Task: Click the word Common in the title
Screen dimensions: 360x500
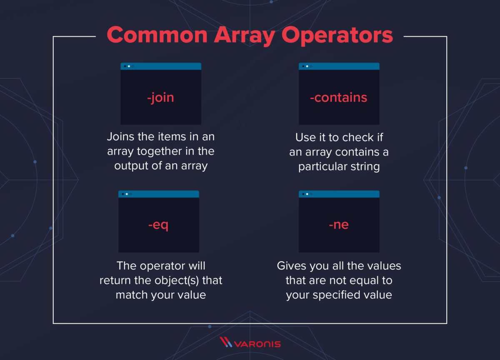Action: (x=158, y=35)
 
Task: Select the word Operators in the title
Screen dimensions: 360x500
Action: (x=337, y=35)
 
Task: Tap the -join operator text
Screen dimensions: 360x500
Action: (x=160, y=97)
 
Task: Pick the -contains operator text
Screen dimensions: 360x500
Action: (x=339, y=97)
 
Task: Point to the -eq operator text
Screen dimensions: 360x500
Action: (x=158, y=225)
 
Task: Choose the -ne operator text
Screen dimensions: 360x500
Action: (x=339, y=225)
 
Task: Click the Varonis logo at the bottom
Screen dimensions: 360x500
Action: (x=250, y=343)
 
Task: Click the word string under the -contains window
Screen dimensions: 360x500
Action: (x=364, y=167)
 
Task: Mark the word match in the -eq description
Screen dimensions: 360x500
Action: (x=131, y=295)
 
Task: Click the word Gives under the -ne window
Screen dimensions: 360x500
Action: (x=291, y=265)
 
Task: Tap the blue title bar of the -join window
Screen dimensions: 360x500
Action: (x=167, y=66)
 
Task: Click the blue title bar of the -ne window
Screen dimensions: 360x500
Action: (x=346, y=194)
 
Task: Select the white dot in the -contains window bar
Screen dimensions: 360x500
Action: (x=307, y=66)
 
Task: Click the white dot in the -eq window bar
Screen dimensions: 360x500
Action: (x=127, y=194)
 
